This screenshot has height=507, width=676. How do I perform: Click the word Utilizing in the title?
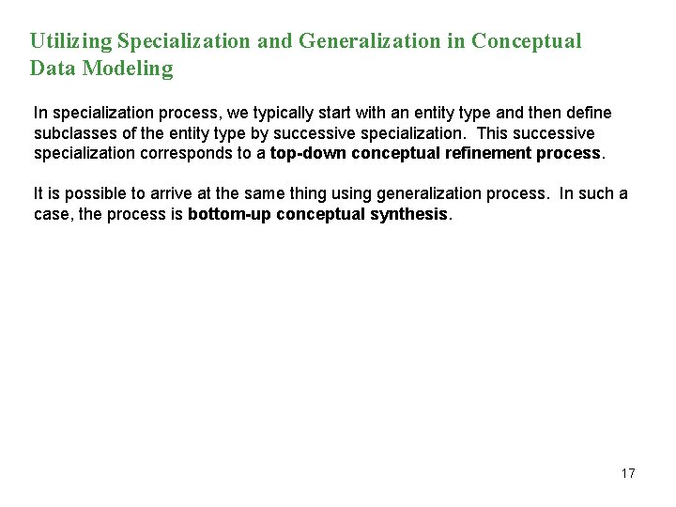(x=70, y=41)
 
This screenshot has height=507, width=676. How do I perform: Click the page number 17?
(x=628, y=473)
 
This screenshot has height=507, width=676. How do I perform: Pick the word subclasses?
(x=75, y=132)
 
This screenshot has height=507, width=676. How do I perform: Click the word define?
(x=589, y=113)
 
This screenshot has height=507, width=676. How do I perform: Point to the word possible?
(x=89, y=193)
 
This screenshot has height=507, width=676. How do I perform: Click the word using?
(x=346, y=193)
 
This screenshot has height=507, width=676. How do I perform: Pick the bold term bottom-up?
(x=228, y=213)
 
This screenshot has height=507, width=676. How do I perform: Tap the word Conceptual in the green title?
(x=527, y=41)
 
